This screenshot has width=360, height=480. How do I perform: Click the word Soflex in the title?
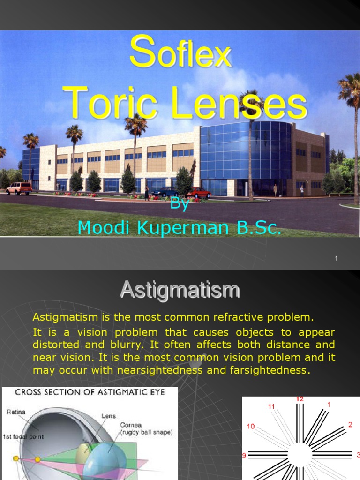[x=180, y=53]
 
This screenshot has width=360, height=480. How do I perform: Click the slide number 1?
[x=337, y=259]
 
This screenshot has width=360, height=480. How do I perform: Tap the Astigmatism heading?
[x=180, y=289]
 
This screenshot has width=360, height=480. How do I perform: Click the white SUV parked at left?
[x=19, y=188]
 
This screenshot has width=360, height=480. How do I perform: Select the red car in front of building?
[x=198, y=192]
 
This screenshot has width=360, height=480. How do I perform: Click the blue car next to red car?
[x=165, y=191]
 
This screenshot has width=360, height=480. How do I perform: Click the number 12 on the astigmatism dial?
[x=300, y=399]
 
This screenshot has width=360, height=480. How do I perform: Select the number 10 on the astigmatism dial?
[x=251, y=427]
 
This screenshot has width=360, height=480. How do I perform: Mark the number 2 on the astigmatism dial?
[x=350, y=425]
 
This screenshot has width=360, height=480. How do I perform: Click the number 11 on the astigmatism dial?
[x=271, y=406]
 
